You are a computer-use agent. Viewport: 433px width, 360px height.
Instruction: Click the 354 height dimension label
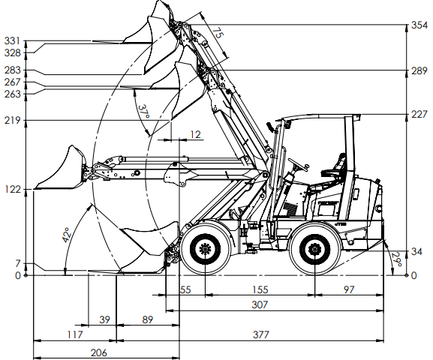click(x=419, y=25)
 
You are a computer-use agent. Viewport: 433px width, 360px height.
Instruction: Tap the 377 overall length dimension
click(x=260, y=334)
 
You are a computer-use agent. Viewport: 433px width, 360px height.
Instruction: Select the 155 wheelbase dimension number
click(x=260, y=289)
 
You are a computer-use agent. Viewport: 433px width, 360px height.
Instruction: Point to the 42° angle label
click(x=67, y=235)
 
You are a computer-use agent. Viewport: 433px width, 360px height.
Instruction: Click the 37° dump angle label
click(x=144, y=112)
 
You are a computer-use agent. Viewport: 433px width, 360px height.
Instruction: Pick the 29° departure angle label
click(x=396, y=259)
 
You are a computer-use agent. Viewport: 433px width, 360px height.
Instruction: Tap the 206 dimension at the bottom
click(x=98, y=352)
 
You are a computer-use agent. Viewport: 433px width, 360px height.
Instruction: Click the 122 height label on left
click(x=13, y=190)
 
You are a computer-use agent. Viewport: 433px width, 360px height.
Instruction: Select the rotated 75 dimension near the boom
click(x=218, y=33)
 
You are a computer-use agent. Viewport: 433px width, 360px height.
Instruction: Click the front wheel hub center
click(x=205, y=249)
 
